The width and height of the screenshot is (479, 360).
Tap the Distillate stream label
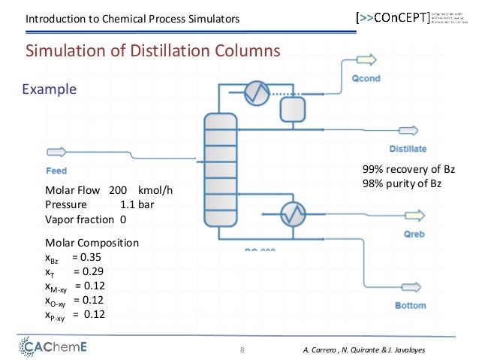(x=408, y=148)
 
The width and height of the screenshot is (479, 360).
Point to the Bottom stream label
(x=410, y=305)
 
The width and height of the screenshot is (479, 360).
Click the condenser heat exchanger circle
(x=259, y=93)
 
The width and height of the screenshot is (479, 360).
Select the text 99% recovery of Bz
(x=408, y=171)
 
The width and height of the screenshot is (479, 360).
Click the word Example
(x=50, y=89)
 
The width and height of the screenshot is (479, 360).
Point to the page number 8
(x=243, y=350)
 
